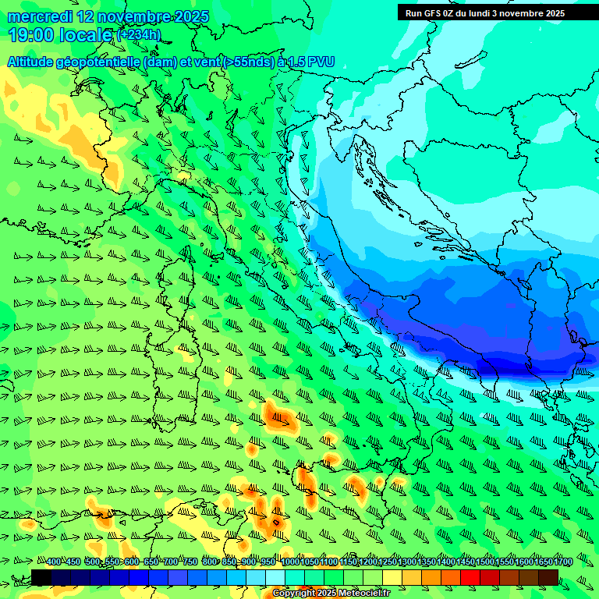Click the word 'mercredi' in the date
point(39,16)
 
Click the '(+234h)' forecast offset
point(138,34)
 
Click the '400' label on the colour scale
point(54,562)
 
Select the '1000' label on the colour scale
point(289,562)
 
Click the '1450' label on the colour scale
point(465,562)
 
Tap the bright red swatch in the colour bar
point(470,577)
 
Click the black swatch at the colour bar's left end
point(41,577)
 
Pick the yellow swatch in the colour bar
point(392,577)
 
